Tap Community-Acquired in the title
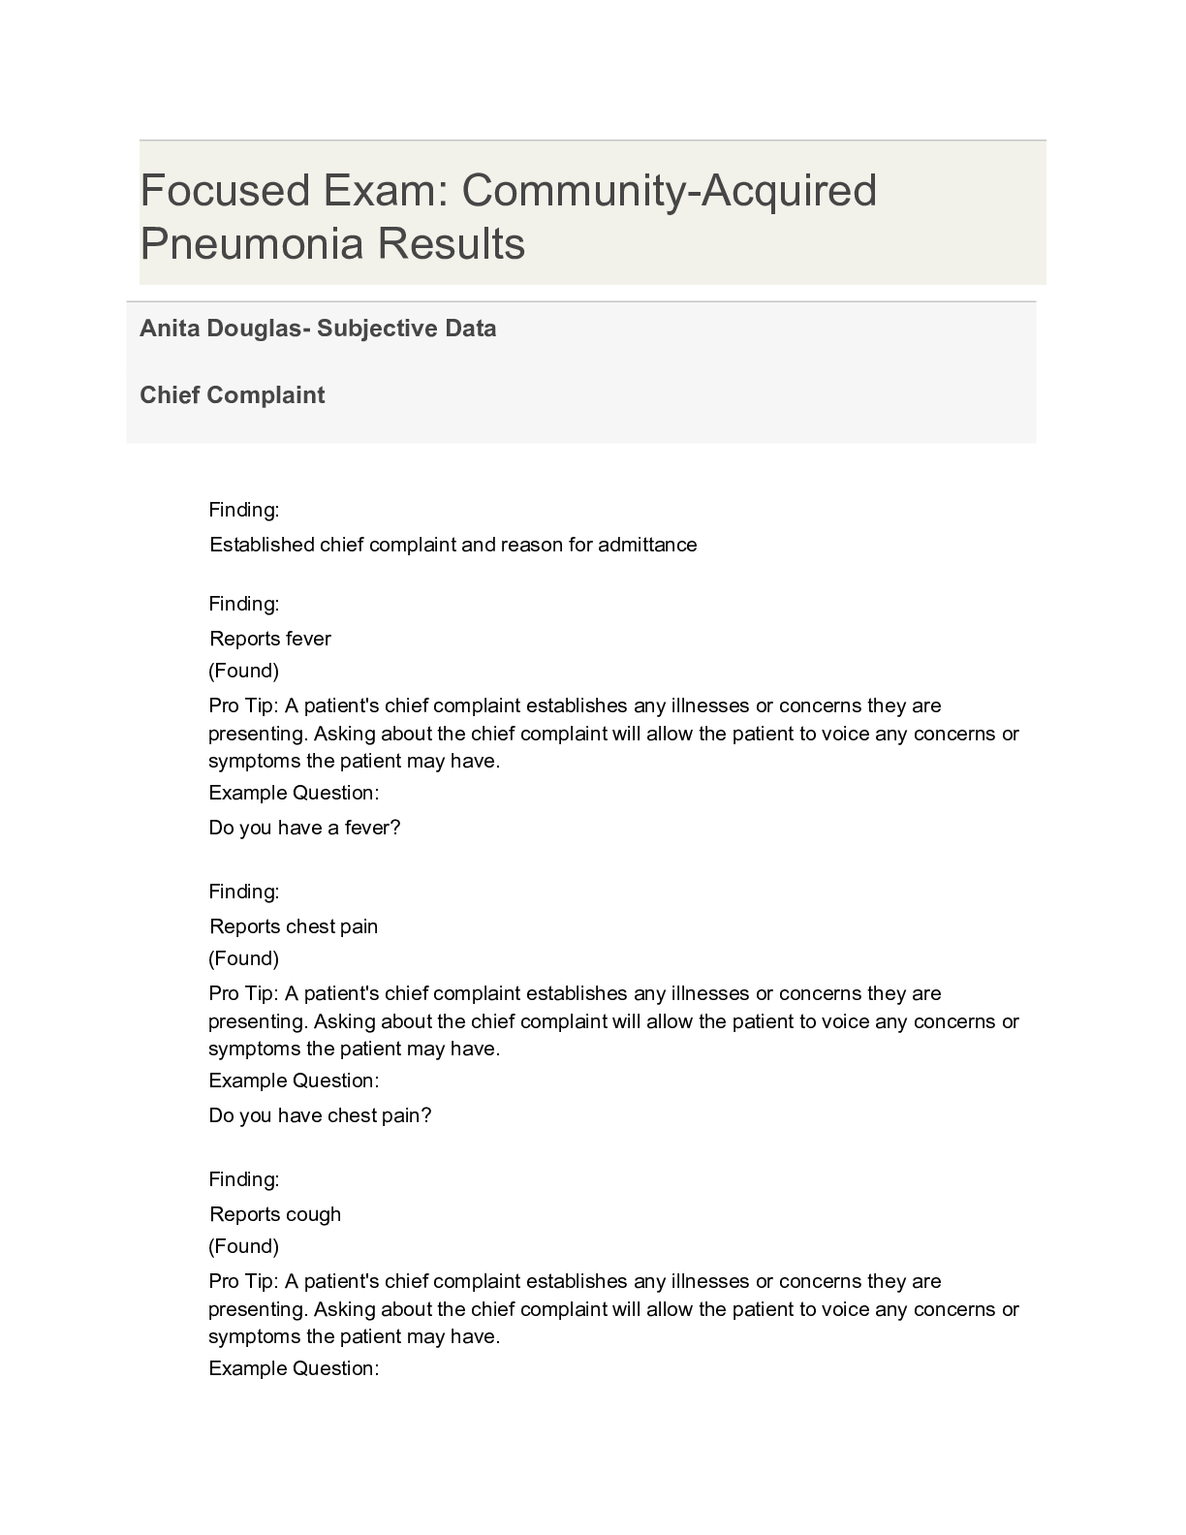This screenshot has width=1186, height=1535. point(669,190)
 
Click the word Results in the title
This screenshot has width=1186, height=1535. point(452,243)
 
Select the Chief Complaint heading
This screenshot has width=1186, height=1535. point(233,395)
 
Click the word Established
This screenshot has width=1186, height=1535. point(262,545)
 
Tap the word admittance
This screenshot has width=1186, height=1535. point(647,545)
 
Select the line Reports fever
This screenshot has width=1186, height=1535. point(270,639)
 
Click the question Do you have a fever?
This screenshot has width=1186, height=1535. point(304,828)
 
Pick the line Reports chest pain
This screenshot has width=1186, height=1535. point(294,926)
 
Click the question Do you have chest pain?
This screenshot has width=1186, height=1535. point(320,1115)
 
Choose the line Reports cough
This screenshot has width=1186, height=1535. point(275,1214)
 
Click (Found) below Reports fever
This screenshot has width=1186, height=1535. point(244,671)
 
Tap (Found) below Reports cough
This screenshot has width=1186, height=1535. point(244,1246)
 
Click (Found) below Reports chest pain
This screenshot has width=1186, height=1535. point(244,958)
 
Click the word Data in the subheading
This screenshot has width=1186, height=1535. point(471,329)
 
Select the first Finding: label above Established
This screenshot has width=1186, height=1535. point(244,510)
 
